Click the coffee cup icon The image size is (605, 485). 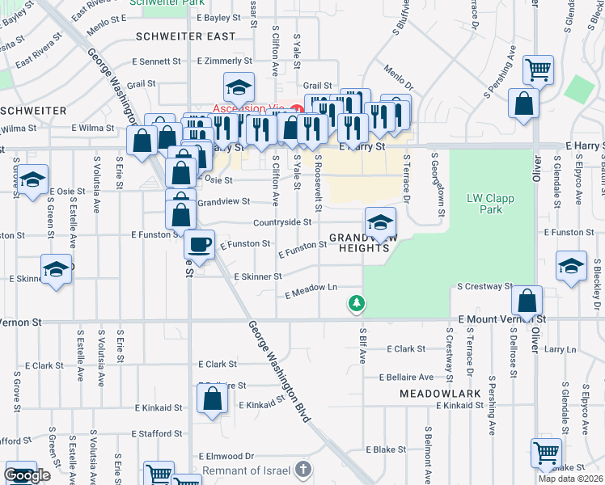pyautogui.click(x=199, y=244)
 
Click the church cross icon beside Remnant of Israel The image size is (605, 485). pyautogui.click(x=302, y=469)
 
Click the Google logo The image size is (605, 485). pyautogui.click(x=27, y=476)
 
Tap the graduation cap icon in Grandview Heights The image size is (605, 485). pyautogui.click(x=379, y=222)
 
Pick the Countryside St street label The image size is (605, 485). pyautogui.click(x=282, y=221)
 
